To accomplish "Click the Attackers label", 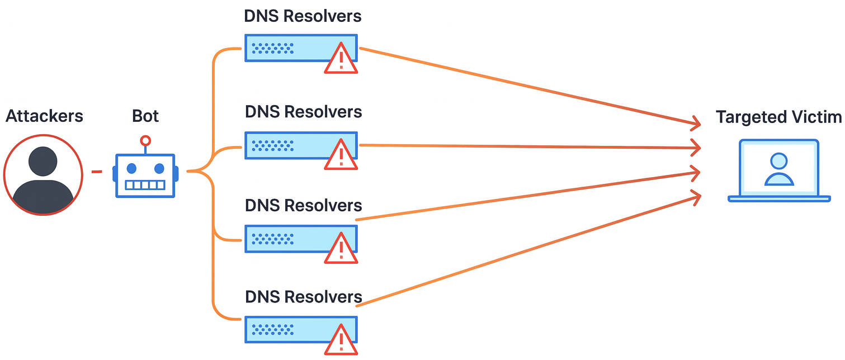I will [44, 116].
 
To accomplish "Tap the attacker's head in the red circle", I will [43, 161].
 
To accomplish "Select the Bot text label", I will [145, 116].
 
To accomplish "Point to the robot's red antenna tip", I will [145, 140].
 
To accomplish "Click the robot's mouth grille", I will [145, 185].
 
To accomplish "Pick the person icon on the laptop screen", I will [778, 169].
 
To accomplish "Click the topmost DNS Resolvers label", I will [303, 16].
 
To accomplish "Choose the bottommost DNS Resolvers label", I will [304, 297].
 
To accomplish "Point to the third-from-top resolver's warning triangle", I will [341, 248].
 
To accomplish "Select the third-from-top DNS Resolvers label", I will [304, 205].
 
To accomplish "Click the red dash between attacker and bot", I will [97, 172].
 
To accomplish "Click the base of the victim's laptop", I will [779, 198].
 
